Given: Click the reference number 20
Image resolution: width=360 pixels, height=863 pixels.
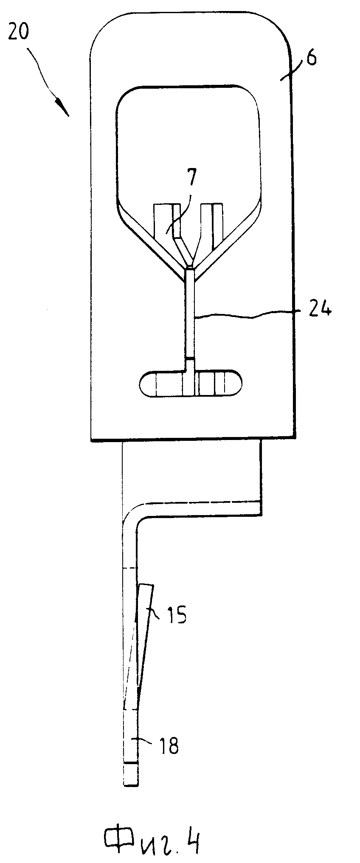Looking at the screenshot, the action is click(x=18, y=32).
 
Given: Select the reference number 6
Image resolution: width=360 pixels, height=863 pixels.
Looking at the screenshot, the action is click(x=311, y=58).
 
